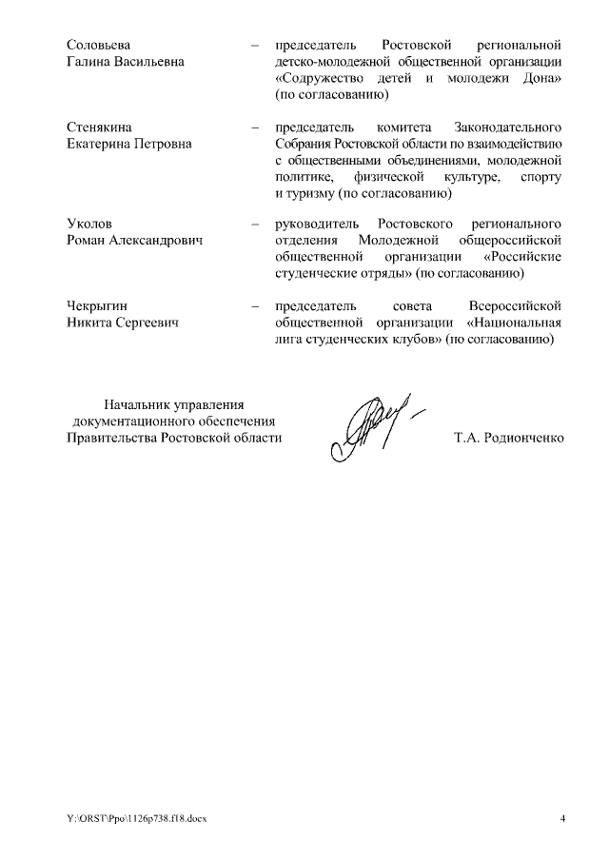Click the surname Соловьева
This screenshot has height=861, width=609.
(98, 45)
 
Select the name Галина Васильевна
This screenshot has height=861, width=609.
(126, 62)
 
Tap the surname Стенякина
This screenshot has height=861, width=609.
(100, 127)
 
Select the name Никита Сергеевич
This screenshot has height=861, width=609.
(124, 323)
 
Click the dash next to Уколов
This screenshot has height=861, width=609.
(254, 224)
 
